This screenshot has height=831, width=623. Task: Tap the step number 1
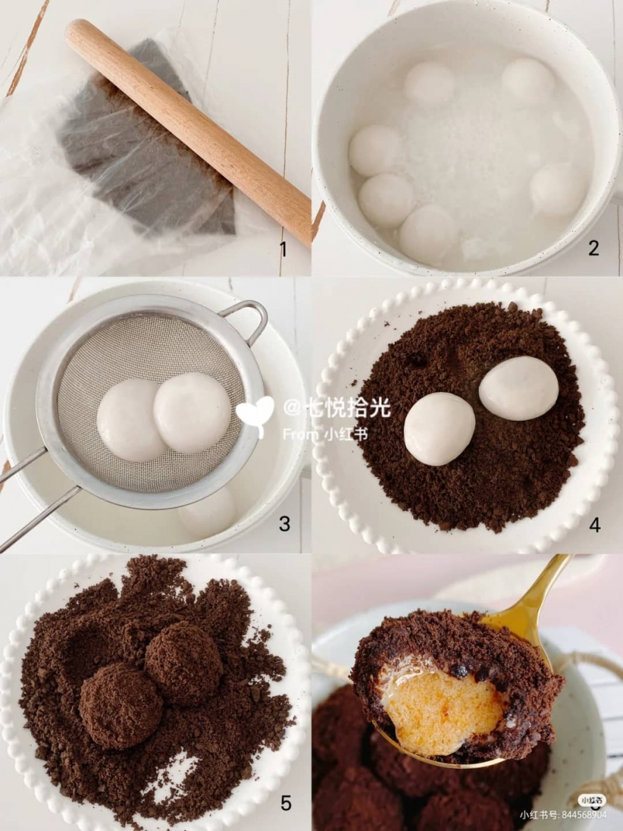tap(283, 249)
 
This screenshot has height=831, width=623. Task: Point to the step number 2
tap(594, 248)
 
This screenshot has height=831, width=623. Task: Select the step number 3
tap(284, 524)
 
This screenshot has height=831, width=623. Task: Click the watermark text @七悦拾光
tap(337, 408)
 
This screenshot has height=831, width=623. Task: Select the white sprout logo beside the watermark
tap(255, 415)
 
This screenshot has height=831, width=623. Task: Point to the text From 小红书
tap(326, 434)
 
